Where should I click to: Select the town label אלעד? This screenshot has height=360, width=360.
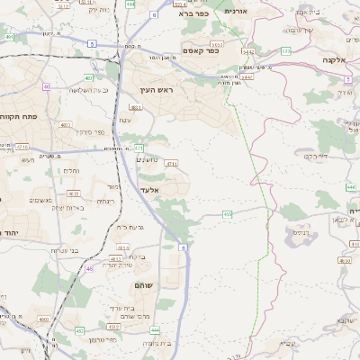pos(150,190)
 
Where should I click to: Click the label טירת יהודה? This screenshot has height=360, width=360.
pos(119,265)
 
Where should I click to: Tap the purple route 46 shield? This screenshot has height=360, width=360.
pos(89,268)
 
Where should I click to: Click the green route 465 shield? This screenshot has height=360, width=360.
pos(228,214)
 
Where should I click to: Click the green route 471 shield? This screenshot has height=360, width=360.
pos(139,148)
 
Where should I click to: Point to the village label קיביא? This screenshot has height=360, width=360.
pos(286,343)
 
